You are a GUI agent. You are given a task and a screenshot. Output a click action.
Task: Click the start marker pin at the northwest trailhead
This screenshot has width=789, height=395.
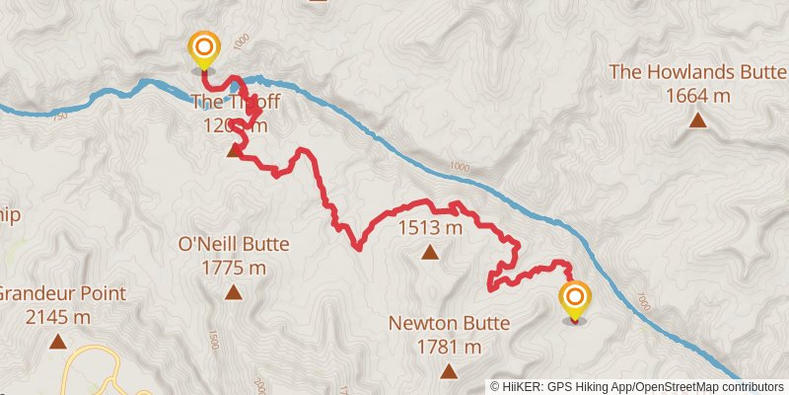[x=204, y=48]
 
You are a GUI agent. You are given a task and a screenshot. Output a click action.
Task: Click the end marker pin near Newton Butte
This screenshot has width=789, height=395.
[x=575, y=298]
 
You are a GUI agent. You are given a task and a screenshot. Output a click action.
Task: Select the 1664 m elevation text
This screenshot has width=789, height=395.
[x=697, y=96]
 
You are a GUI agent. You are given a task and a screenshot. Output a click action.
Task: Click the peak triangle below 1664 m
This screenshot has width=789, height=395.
[x=697, y=120]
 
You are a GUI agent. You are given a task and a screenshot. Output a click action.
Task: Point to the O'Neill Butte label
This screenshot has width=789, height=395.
[x=234, y=244]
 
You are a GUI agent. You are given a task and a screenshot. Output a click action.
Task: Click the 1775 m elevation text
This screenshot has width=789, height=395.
[x=234, y=268]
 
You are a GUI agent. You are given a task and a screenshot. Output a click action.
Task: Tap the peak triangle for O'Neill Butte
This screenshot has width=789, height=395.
[x=234, y=291]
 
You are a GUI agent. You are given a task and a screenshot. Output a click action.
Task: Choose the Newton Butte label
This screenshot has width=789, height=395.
[x=449, y=323]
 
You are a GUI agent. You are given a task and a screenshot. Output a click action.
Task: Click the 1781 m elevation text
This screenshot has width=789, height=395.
[x=449, y=347]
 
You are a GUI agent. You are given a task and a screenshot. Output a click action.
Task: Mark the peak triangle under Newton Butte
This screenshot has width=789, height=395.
[x=449, y=371]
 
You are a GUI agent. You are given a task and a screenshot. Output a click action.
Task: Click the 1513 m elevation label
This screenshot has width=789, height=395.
[x=429, y=228]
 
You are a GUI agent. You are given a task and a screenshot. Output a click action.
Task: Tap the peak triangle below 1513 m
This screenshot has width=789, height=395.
[x=429, y=252]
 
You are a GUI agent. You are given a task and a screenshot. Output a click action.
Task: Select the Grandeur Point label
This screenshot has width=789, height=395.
[x=61, y=293]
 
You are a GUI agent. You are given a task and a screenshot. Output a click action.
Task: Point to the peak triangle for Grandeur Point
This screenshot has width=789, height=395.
[x=57, y=342]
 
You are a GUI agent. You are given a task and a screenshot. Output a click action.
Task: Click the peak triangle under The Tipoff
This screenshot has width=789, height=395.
[x=234, y=150]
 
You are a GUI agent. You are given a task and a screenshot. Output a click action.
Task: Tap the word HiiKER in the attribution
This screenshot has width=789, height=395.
[x=521, y=387]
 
